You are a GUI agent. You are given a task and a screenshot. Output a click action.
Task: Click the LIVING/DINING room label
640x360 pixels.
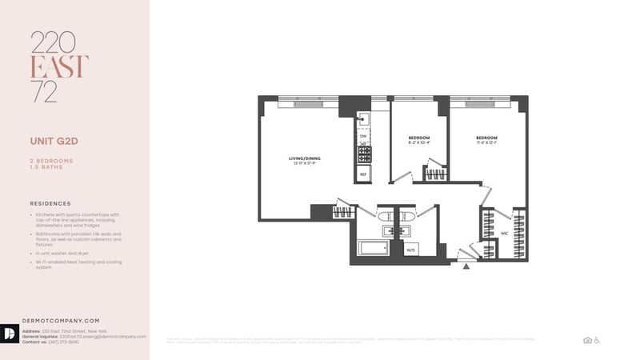click(304, 158)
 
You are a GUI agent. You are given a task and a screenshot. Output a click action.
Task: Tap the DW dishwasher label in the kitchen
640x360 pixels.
click(362, 136)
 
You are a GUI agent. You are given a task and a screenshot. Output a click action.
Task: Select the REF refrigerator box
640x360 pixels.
click(362, 174)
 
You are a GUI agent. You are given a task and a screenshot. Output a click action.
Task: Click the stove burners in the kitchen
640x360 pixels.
click(362, 153)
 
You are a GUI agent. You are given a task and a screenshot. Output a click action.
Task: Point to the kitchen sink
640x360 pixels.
click(362, 119)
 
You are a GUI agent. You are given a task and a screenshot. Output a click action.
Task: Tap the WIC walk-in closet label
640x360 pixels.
click(505, 234)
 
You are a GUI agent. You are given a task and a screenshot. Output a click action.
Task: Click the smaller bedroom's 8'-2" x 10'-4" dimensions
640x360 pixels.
click(419, 143)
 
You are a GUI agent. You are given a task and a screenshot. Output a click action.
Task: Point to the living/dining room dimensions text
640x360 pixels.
click(304, 164)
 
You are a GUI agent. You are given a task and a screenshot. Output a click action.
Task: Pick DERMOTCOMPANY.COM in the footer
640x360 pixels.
click(64, 320)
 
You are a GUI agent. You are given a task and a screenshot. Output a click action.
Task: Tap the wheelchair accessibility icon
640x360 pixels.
click(596, 340)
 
